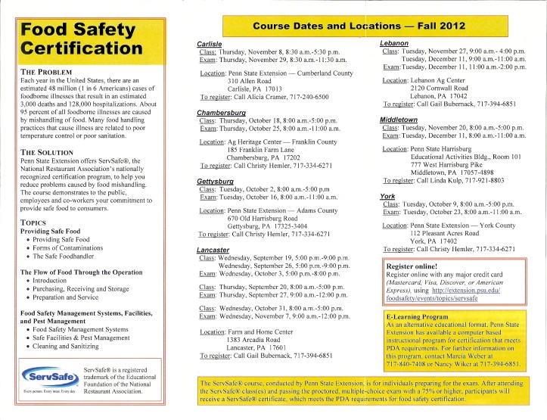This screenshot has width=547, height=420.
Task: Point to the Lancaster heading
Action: click(x=213, y=250)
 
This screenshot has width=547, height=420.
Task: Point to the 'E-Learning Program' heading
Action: click(x=424, y=315)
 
